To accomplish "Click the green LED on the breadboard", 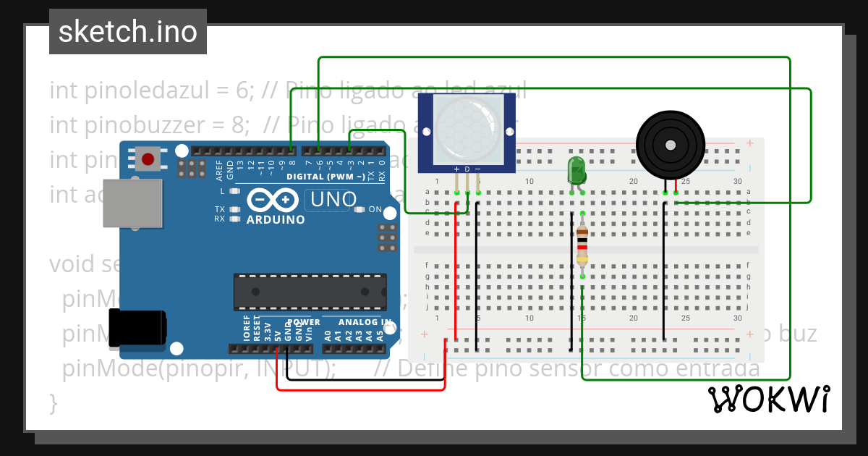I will tap(576, 169).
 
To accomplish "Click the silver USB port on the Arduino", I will tap(132, 203).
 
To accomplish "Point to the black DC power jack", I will tap(137, 327).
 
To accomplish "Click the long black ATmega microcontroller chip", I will tap(310, 291).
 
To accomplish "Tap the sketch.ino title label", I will tap(127, 32).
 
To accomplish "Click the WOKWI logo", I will tap(768, 399).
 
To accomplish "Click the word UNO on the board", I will tap(333, 199).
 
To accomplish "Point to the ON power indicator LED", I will tap(360, 209).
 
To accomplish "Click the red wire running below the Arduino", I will tap(362, 390).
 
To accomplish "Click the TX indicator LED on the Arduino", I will tap(234, 209).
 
